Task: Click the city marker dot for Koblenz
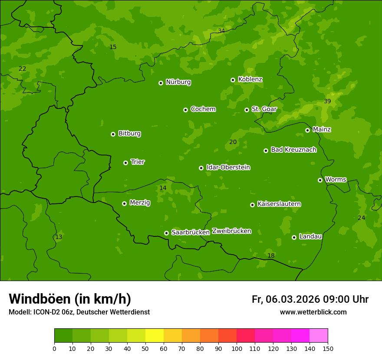pos(233,80)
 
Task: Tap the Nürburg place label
pos(178,82)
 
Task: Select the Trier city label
pos(138,162)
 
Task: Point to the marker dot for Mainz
pos(308,130)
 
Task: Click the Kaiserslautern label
pos(279,204)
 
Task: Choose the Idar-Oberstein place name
pos(228,167)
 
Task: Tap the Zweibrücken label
pos(231,231)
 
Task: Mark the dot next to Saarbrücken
pos(166,233)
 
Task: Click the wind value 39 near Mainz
pos(327,101)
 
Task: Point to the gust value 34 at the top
pos(221,31)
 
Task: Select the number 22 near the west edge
pos(23,69)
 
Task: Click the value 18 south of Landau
pos(271,255)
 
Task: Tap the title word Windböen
pos(40,299)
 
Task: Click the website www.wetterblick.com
pos(313,312)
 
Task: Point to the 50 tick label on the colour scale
pos(145,348)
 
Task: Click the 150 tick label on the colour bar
pos(328,348)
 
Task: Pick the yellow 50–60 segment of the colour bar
pos(155,336)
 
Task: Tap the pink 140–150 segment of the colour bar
pos(319,336)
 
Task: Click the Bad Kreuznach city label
pos(293,150)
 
